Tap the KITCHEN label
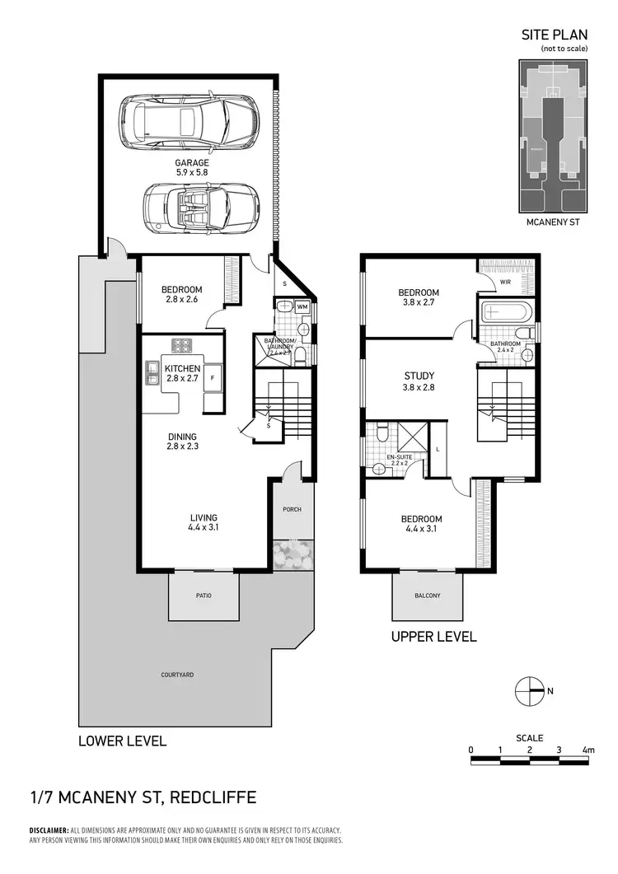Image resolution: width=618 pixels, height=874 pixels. coord(181,368)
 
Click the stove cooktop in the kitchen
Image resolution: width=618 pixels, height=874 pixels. coord(181,344)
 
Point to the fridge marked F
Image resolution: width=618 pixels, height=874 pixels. coord(212,377)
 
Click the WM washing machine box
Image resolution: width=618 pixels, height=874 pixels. coord(302,307)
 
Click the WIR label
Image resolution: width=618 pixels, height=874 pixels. coord(505,281)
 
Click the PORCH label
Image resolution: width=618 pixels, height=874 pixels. coord(293,509)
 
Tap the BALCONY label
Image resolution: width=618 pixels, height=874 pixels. coord(427,596)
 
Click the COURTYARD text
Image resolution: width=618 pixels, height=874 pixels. coord(177,675)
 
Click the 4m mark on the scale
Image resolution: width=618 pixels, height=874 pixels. coord(588,750)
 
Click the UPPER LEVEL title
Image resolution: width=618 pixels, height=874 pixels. coord(433,637)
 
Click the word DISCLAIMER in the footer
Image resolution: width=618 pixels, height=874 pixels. coord(49,830)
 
